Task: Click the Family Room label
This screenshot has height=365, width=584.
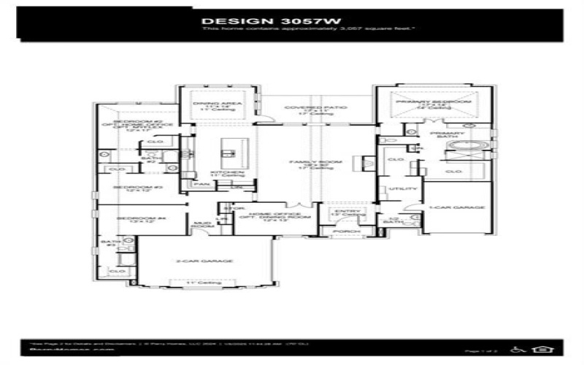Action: pyautogui.click(x=305, y=163)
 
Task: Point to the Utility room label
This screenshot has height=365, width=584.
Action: pyautogui.click(x=396, y=189)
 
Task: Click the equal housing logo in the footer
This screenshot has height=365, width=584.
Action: pyautogui.click(x=542, y=349)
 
